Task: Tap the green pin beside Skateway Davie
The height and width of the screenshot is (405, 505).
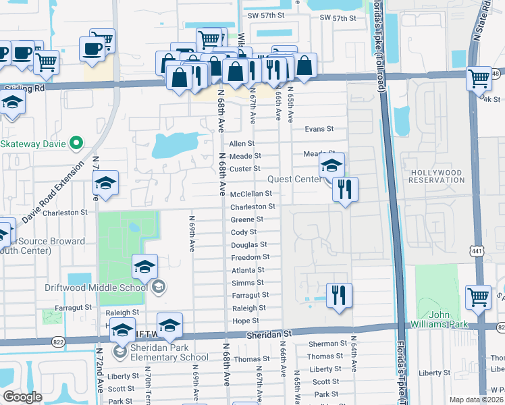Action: tap(76, 143)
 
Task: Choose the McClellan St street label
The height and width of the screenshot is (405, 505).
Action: tap(251, 194)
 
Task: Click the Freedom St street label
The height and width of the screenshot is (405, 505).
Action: tap(250, 257)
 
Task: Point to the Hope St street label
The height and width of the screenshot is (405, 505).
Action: tap(246, 321)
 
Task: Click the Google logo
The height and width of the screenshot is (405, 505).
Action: tap(22, 397)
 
